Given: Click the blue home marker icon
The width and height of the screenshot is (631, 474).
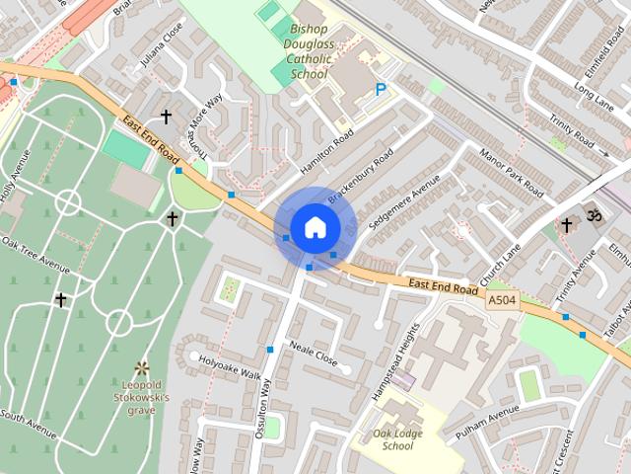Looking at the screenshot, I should click(x=315, y=227).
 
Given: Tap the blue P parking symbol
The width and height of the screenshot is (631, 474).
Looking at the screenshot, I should click(x=381, y=91).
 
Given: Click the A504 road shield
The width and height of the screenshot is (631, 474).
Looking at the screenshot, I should click(x=501, y=297).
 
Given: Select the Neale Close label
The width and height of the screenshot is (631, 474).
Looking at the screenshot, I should click(x=314, y=354).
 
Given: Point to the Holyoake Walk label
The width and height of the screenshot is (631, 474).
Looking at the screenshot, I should click(x=230, y=367).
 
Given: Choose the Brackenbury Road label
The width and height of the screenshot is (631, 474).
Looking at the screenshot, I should click(x=361, y=178).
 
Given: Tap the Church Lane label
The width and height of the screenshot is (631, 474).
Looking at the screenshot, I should click(x=500, y=261).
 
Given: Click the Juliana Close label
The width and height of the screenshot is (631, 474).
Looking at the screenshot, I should click(x=162, y=44).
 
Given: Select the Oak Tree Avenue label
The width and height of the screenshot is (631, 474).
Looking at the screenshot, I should click(x=35, y=255).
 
